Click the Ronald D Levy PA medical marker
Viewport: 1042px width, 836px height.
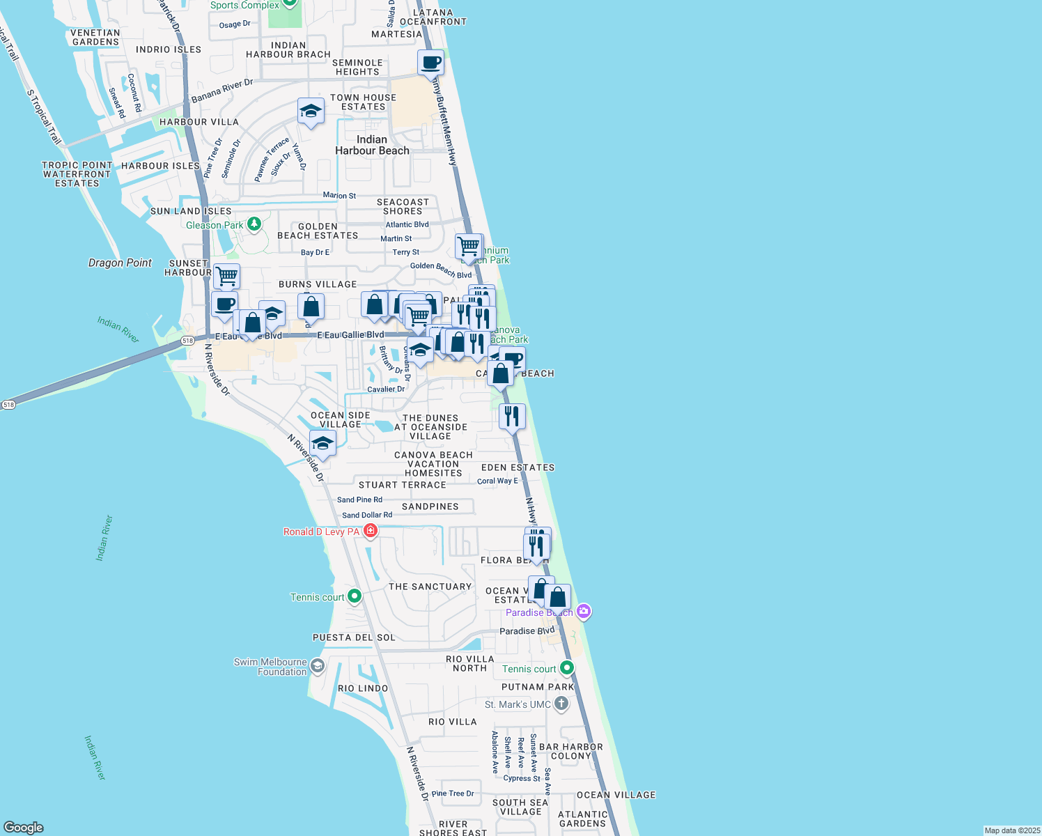371,532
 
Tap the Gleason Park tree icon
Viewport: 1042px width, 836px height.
254,224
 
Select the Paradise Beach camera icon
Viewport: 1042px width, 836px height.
584,612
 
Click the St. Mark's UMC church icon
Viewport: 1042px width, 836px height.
561,704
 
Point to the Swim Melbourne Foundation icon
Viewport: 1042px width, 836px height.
317,666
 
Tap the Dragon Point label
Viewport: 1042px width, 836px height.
120,263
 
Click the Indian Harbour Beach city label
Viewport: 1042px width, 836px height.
372,145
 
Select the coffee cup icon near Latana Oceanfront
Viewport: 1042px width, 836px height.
430,63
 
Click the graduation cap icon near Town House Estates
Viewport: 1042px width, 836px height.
311,111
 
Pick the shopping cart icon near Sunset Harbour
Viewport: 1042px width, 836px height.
226,277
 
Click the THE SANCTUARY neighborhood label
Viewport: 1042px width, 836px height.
430,587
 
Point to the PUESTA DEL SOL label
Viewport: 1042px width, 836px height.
354,637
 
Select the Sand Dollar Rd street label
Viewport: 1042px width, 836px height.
367,516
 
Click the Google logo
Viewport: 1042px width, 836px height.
24,827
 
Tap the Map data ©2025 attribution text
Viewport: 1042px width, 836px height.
1011,830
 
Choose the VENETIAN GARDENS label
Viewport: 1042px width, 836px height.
95,38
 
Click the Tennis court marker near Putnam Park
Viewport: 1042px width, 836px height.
567,668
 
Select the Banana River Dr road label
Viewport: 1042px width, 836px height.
222,91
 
